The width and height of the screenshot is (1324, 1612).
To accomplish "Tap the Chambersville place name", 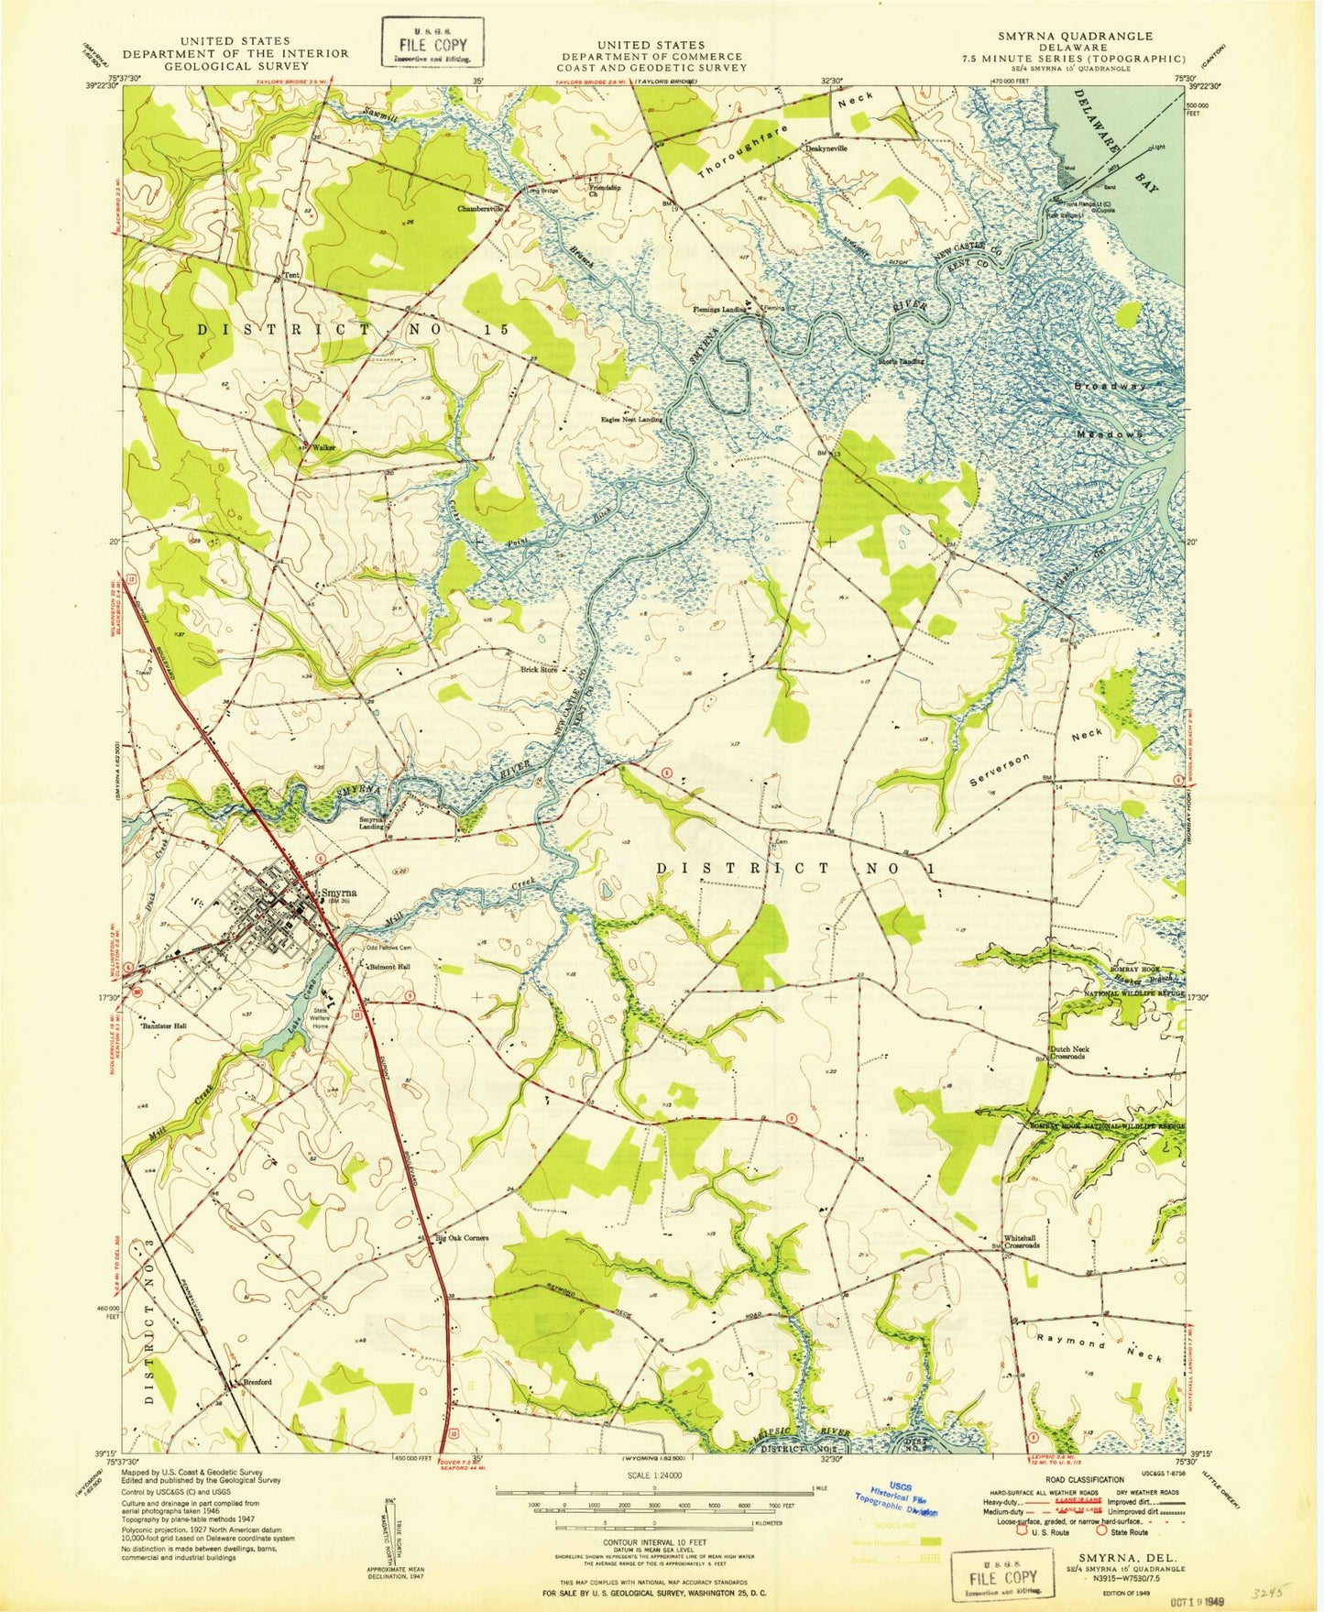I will coord(482,208).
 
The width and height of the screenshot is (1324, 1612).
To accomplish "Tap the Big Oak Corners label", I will coord(462,1237).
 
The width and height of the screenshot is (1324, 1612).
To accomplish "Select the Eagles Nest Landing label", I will coord(631,420).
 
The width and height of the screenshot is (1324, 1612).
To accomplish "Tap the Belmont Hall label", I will coord(388,967).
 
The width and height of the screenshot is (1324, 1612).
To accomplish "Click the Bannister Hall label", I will coord(165,1025).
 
